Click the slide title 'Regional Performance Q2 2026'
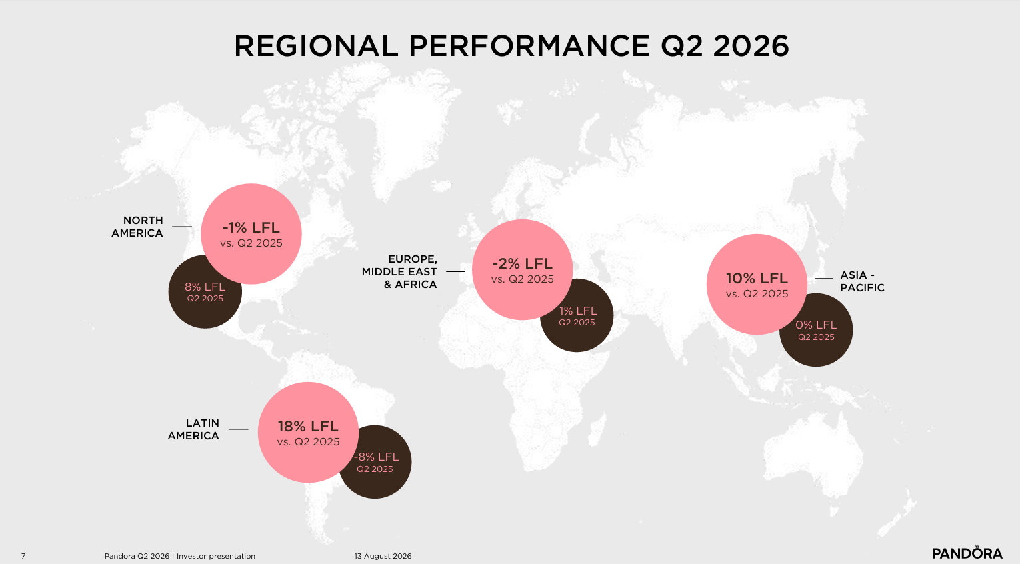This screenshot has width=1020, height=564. pos(511,46)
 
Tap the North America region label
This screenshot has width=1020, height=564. pos(137,227)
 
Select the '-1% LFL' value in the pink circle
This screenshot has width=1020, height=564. pos(251,227)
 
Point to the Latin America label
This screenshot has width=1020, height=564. pos(193,429)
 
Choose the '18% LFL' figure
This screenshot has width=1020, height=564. pos(308,427)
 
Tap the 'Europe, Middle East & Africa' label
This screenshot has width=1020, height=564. pos(399,272)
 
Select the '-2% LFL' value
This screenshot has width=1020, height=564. pos(522,263)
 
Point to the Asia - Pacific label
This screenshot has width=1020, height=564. pos(863,281)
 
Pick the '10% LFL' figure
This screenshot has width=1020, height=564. pos(757,278)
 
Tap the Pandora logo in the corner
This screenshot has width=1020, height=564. pos(967,553)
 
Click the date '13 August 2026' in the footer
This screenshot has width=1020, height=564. pos(383,556)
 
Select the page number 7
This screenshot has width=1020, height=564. pos(23,556)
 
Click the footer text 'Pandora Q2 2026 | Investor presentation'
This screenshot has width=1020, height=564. pos(180,556)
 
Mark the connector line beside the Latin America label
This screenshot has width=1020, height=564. pos(238,429)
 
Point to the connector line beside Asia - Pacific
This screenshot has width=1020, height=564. pos(823,278)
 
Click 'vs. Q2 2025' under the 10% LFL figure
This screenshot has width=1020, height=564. pos(757,294)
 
